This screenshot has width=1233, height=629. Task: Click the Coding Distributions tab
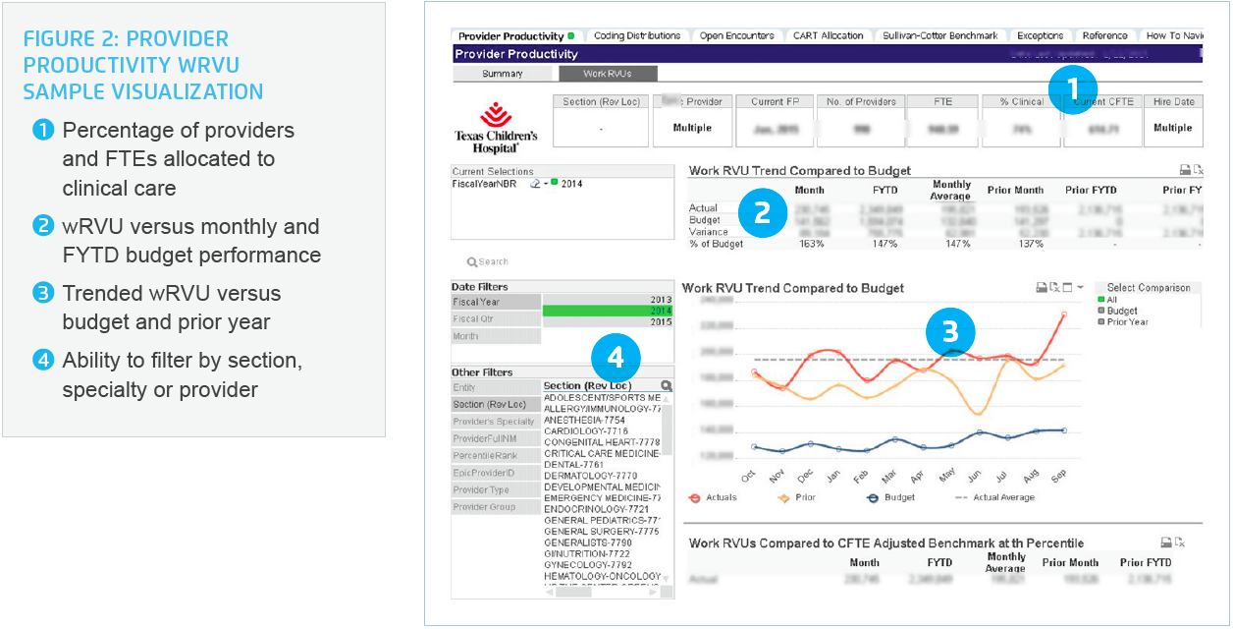[637, 36]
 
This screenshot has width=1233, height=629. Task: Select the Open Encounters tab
[736, 36]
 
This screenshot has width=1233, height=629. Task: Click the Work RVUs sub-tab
[608, 74]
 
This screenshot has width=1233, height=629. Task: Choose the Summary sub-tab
[502, 74]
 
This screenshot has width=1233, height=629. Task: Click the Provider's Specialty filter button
[495, 422]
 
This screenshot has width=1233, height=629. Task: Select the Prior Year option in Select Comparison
[1128, 321]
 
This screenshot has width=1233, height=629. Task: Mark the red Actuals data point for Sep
[1064, 314]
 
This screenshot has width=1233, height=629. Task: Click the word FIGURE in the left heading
[65, 40]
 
